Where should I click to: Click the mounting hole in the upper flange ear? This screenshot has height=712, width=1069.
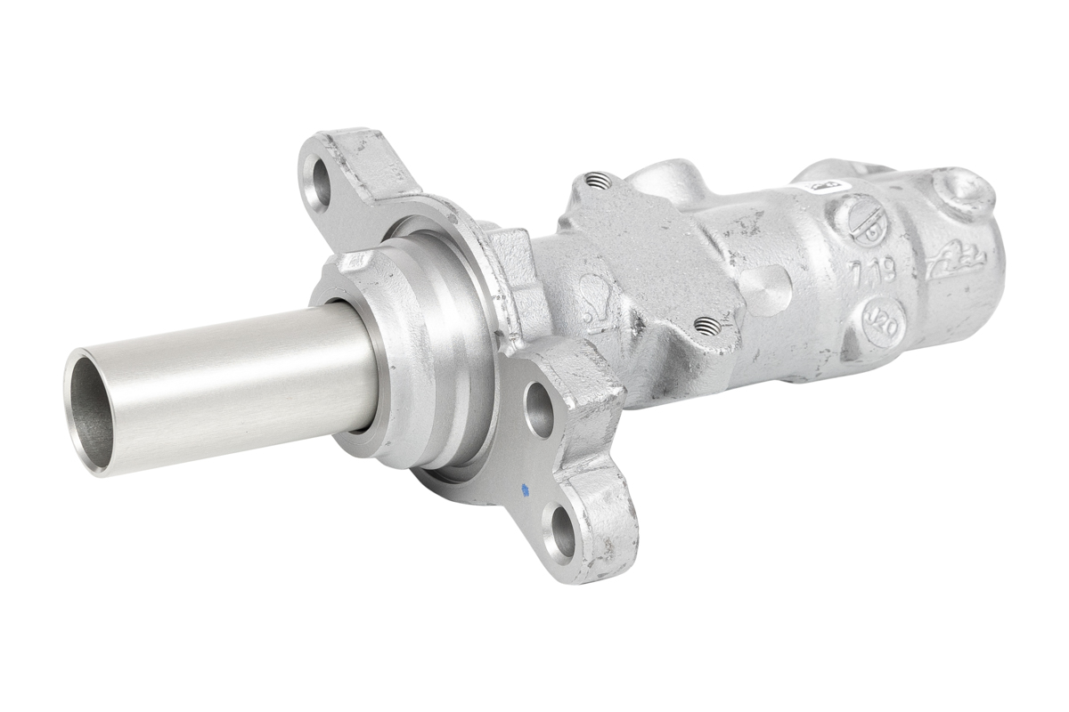pyautogui.click(x=317, y=182)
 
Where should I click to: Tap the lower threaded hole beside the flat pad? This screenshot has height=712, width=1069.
pyautogui.click(x=706, y=325)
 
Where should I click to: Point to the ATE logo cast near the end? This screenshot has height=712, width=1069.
pyautogui.click(x=957, y=262)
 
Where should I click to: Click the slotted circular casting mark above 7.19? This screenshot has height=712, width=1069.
pyautogui.click(x=859, y=219)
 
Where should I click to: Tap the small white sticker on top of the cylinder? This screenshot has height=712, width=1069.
pyautogui.click(x=820, y=188)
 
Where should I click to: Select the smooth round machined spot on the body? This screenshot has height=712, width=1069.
pyautogui.click(x=765, y=287)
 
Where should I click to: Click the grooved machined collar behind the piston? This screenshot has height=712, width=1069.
pyautogui.click(x=437, y=347)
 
